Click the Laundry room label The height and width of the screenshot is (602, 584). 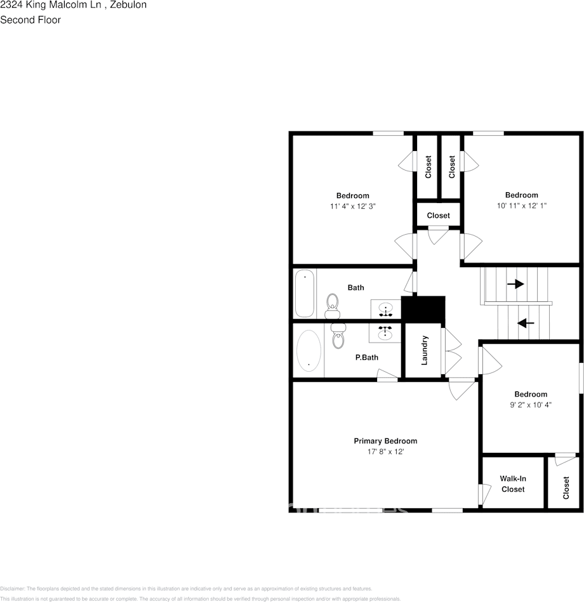pyautogui.click(x=425, y=350)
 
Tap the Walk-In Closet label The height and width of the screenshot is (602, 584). pyautogui.click(x=513, y=483)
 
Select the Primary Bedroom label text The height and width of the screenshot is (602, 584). pyautogui.click(x=385, y=441)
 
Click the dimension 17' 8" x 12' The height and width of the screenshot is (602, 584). pyautogui.click(x=385, y=452)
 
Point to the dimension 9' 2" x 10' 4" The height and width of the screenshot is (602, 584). pyautogui.click(x=531, y=404)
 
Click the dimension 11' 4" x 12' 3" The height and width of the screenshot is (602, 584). pyautogui.click(x=352, y=206)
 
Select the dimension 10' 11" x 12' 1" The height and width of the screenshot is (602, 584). pyautogui.click(x=521, y=206)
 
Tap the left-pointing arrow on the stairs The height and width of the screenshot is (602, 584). pyautogui.click(x=525, y=323)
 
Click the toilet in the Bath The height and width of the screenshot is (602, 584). pyautogui.click(x=332, y=307)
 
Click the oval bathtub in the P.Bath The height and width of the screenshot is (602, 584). pyautogui.click(x=309, y=350)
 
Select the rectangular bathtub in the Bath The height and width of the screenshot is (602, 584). pyautogui.click(x=305, y=293)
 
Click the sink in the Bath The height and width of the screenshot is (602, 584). pyautogui.click(x=385, y=310)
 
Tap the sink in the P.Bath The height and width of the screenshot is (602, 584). pyautogui.click(x=385, y=332)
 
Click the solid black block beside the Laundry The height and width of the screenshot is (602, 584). pyautogui.click(x=423, y=309)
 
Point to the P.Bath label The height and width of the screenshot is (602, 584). pyautogui.click(x=366, y=357)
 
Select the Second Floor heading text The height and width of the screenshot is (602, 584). pyautogui.click(x=30, y=20)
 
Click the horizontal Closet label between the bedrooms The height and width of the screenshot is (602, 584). pyautogui.click(x=438, y=216)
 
